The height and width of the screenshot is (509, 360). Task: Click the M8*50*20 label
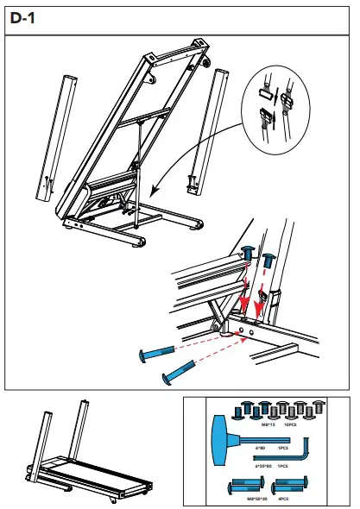257,498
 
